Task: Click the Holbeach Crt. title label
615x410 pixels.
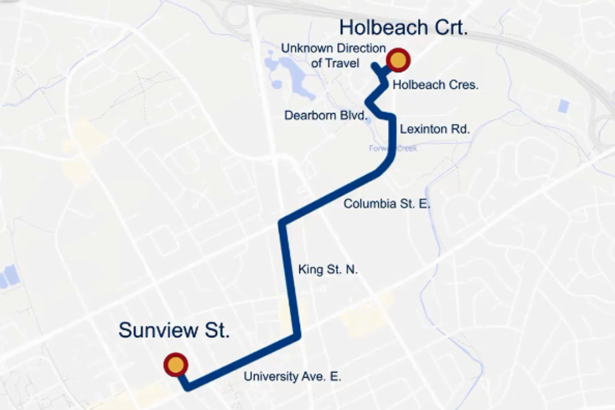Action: click(x=404, y=28)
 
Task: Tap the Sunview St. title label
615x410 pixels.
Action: click(x=174, y=330)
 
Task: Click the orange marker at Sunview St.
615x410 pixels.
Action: click(x=175, y=365)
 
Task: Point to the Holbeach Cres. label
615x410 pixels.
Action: click(x=435, y=85)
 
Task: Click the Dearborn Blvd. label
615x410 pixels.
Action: click(x=326, y=115)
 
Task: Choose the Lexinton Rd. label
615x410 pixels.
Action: click(x=434, y=129)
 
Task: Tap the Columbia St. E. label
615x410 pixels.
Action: click(x=386, y=204)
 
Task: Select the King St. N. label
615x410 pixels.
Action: click(x=327, y=270)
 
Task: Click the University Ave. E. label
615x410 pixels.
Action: click(x=292, y=377)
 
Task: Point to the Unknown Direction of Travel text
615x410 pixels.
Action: click(x=333, y=56)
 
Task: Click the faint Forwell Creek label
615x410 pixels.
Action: click(x=393, y=149)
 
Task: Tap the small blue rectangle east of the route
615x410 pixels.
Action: click(x=564, y=106)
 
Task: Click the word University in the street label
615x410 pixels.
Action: click(x=271, y=377)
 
